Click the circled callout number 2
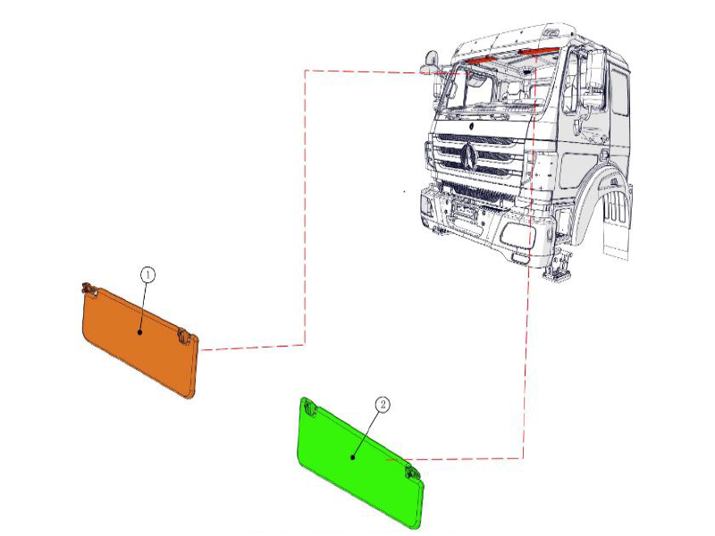(x=383, y=405)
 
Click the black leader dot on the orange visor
(x=140, y=331)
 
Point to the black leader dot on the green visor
(x=353, y=456)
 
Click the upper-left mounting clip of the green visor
(x=310, y=406)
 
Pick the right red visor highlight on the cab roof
(x=539, y=53)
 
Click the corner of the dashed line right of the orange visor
(x=305, y=343)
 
